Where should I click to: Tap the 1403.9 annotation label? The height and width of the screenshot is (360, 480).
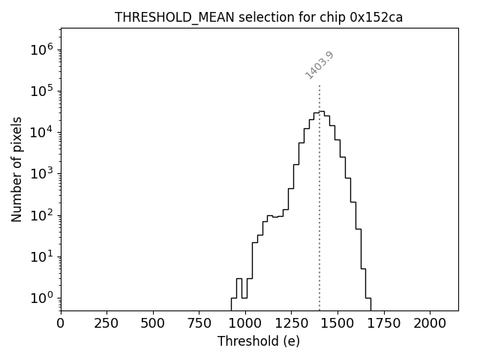click(319, 65)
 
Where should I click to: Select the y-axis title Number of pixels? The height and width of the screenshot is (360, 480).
click(16, 169)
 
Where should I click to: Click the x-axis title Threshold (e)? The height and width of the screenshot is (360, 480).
click(259, 341)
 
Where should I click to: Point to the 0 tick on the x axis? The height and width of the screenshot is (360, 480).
click(61, 322)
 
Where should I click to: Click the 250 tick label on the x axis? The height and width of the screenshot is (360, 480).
click(106, 322)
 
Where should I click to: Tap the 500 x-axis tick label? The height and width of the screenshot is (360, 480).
click(153, 322)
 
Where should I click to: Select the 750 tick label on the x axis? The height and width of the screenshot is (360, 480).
click(199, 322)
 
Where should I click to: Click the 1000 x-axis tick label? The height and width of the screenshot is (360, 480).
click(245, 322)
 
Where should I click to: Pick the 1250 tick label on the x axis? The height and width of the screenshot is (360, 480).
click(291, 322)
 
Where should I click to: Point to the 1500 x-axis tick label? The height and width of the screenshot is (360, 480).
click(337, 322)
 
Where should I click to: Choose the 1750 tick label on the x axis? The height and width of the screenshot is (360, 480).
click(383, 322)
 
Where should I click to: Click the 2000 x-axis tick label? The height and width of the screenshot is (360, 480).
click(430, 322)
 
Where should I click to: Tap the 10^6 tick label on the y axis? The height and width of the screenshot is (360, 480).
click(43, 49)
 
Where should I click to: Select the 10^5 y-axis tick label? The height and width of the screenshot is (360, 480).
click(43, 91)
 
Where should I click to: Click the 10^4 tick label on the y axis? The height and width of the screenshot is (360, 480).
click(43, 132)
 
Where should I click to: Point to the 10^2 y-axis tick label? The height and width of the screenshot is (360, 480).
click(43, 215)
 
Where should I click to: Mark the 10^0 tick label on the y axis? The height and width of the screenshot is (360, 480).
click(43, 298)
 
